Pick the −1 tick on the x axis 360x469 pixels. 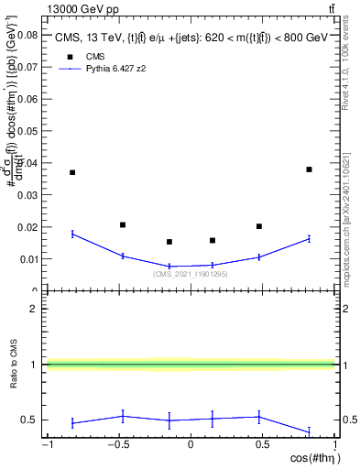45,445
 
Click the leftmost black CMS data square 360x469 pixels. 72,172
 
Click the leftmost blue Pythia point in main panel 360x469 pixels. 72,234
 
